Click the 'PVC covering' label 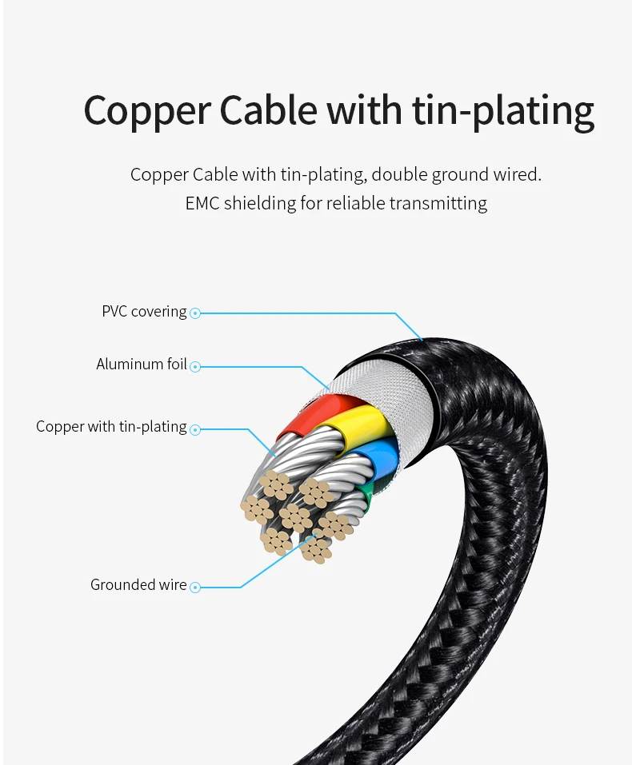coord(144,311)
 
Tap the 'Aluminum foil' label coord(142,364)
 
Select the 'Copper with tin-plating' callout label coord(111,426)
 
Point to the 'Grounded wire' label coord(138,584)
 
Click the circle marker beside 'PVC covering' coord(195,313)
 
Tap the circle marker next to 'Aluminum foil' coord(195,366)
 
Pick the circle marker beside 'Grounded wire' coord(195,588)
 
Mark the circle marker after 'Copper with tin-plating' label coord(195,429)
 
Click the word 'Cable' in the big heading coord(268,110)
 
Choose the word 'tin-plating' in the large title coord(503,112)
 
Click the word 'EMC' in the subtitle coord(202,203)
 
